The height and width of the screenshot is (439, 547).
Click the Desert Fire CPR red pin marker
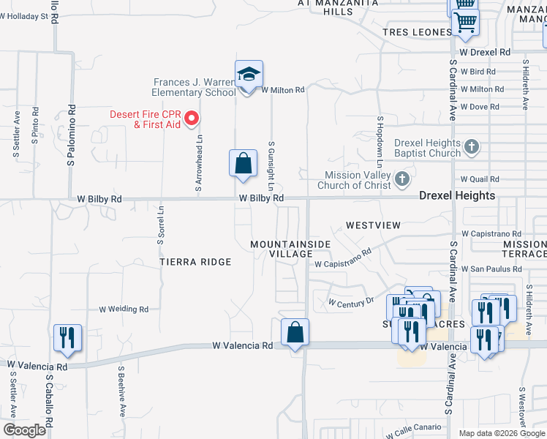(x=192, y=118)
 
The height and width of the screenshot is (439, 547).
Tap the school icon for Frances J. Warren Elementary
(x=249, y=75)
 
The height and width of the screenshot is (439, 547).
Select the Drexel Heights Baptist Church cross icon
(x=472, y=147)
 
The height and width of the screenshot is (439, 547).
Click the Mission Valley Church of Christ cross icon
(x=401, y=179)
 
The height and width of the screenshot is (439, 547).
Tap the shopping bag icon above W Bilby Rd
(x=243, y=163)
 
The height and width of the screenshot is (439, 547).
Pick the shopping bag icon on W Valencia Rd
(x=295, y=332)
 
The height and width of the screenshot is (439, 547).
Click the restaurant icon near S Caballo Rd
(x=67, y=338)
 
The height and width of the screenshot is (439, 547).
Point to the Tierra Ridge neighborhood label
(x=195, y=262)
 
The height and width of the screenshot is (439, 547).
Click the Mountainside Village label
(x=291, y=249)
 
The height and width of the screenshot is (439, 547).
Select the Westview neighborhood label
(x=373, y=225)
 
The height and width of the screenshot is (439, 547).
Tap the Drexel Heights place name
(x=457, y=196)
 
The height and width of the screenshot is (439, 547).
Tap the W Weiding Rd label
(x=124, y=309)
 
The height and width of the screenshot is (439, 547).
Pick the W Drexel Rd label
(x=485, y=53)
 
